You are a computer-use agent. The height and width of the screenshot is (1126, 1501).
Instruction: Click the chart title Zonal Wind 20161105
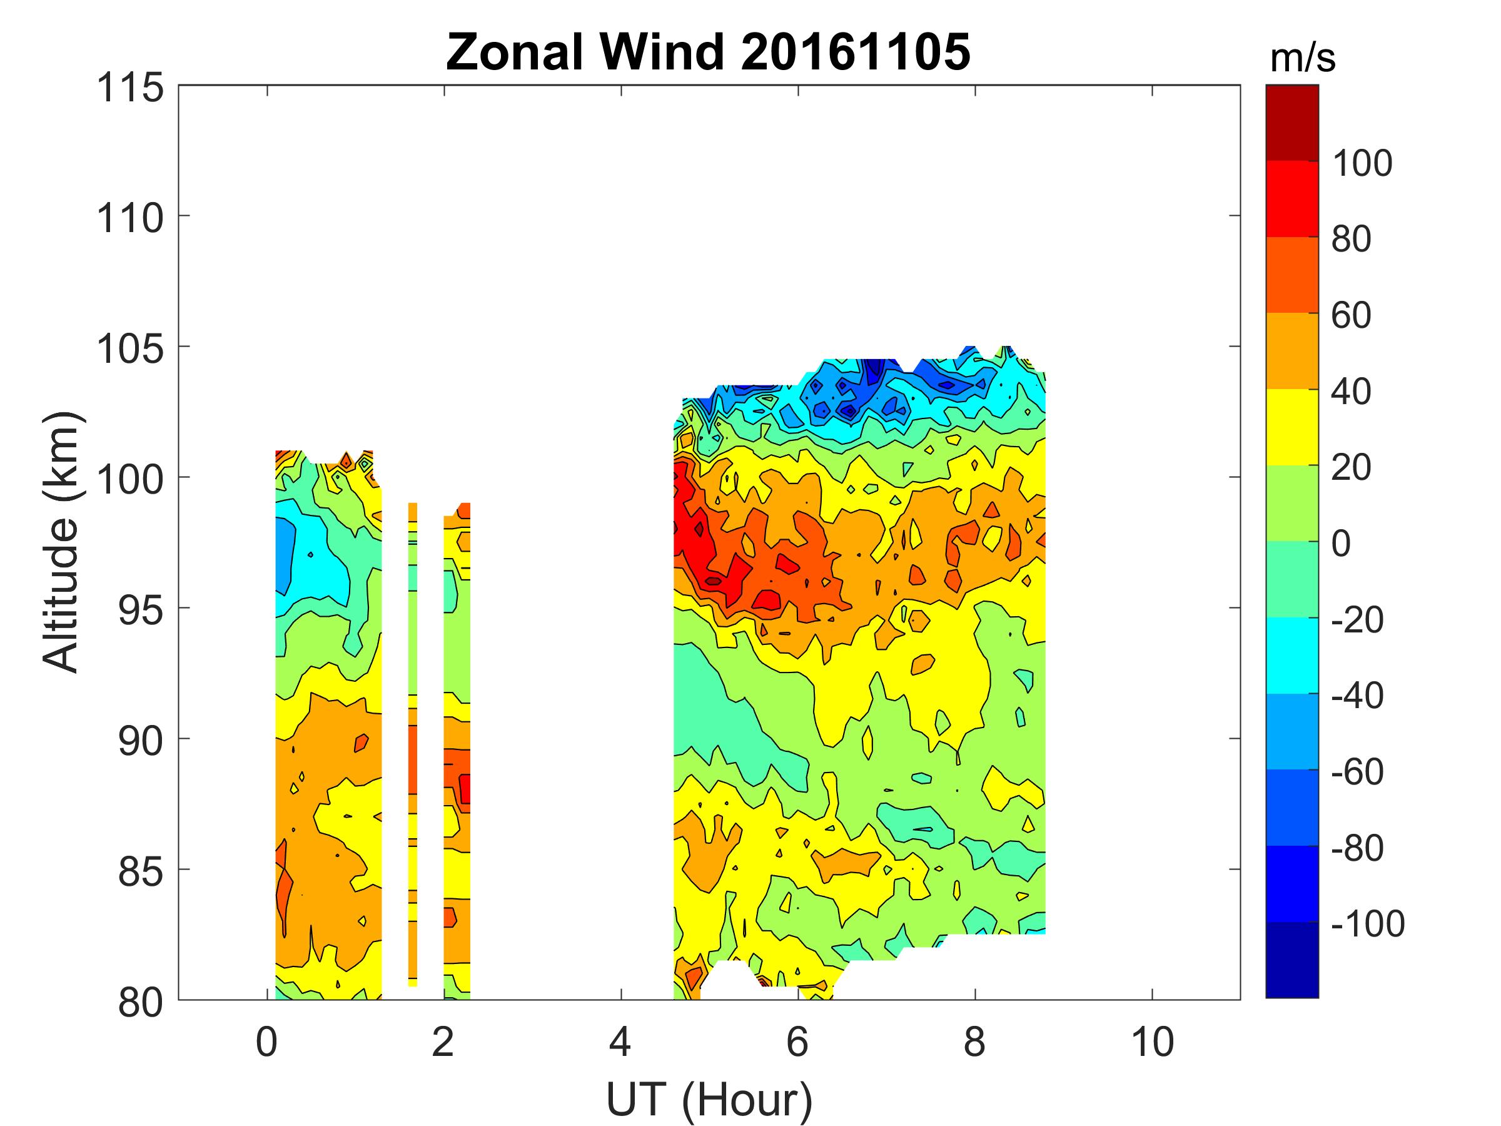coord(708,53)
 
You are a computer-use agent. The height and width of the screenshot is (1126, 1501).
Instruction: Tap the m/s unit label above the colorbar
coord(1302,59)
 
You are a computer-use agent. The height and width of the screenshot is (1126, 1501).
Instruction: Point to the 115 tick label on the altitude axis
coord(130,88)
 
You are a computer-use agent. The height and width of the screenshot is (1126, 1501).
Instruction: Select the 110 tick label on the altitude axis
coord(130,218)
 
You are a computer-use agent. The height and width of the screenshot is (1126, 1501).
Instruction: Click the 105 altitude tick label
coord(130,350)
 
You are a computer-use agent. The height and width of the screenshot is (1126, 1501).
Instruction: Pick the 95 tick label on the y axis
coord(141,611)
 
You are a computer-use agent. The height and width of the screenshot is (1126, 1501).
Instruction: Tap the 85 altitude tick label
coord(141,872)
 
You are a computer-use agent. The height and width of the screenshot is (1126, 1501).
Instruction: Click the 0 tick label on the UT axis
coord(266,1042)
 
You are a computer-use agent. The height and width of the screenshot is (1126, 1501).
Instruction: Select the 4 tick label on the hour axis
coord(620,1042)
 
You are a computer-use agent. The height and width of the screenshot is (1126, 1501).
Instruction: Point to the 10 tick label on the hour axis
coord(1152,1042)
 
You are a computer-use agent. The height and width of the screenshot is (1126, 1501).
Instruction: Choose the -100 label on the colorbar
coord(1367,923)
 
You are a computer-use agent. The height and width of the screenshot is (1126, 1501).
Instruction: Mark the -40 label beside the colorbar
coord(1357,695)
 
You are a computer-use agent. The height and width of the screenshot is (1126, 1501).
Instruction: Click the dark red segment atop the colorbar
coord(1292,122)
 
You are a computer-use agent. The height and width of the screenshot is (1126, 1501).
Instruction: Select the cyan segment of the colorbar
coord(1292,655)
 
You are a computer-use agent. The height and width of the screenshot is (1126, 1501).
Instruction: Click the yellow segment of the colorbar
coord(1292,426)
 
